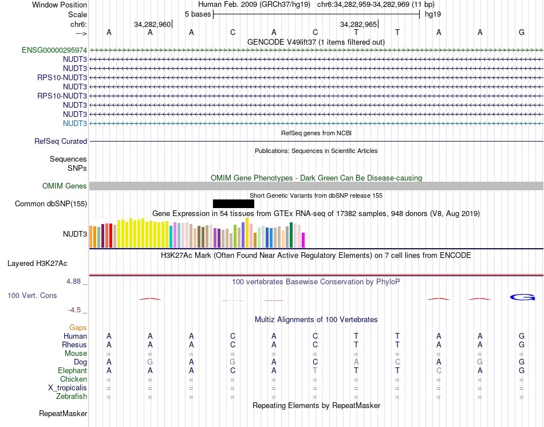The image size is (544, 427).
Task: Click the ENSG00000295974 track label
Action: pyautogui.click(x=54, y=50)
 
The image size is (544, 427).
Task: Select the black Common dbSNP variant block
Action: pyautogui.click(x=233, y=203)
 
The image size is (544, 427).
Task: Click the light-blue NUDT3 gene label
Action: pyautogui.click(x=75, y=123)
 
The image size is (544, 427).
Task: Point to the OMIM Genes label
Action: pyautogui.click(x=65, y=186)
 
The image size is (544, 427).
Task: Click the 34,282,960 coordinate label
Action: pyautogui.click(x=152, y=25)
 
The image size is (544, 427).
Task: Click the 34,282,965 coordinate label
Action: pyautogui.click(x=358, y=25)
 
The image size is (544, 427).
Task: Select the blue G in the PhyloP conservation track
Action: pyautogui.click(x=522, y=297)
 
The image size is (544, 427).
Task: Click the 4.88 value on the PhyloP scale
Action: pyautogui.click(x=74, y=281)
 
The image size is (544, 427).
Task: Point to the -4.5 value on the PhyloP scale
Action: pyautogui.click(x=74, y=310)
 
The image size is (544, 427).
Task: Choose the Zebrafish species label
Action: pyautogui.click(x=72, y=396)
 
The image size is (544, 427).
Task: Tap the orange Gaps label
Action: pyautogui.click(x=78, y=327)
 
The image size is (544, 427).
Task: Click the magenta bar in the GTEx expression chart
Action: pyautogui.click(x=303, y=240)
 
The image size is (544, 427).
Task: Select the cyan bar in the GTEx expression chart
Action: pyautogui.click(x=171, y=237)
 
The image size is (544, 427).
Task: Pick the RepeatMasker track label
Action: pyautogui.click(x=63, y=413)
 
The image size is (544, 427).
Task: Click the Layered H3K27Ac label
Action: pyautogui.click(x=37, y=264)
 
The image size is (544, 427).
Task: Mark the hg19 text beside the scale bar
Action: pyautogui.click(x=432, y=14)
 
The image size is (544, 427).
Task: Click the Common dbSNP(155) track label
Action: pyautogui.click(x=51, y=203)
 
